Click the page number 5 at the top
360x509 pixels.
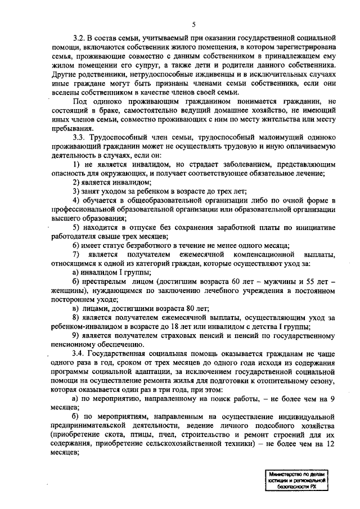(x=193, y=24)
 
